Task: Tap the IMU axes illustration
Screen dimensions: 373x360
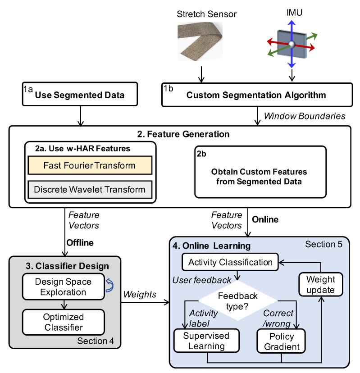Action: pos(292,44)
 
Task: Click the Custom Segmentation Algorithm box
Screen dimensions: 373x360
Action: pos(255,96)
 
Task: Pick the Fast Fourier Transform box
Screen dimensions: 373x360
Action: pos(90,165)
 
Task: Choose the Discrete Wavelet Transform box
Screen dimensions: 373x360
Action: pos(90,188)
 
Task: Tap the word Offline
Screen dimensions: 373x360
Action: pos(80,242)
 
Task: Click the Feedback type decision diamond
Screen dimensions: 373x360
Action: pos(238,299)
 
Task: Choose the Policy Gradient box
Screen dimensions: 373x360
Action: pos(281,341)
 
